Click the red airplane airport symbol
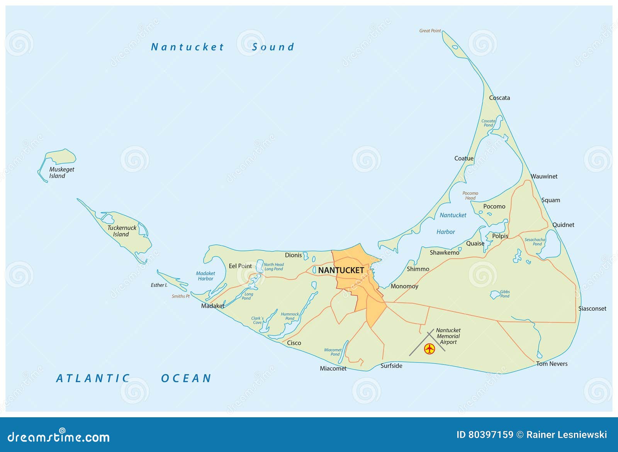430,349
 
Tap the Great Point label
430,31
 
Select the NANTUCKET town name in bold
341,270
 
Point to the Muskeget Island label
61,173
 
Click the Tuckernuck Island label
122,231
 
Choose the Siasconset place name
592,308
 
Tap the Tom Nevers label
552,364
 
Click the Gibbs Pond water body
495,295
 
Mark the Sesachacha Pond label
535,242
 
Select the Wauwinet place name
544,176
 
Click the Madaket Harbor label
205,276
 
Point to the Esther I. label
159,285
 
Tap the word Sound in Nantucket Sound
273,47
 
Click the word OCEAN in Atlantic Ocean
186,378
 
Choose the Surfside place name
391,366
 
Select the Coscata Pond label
488,123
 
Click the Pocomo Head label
470,196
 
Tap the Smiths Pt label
181,296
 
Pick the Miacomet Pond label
333,352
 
